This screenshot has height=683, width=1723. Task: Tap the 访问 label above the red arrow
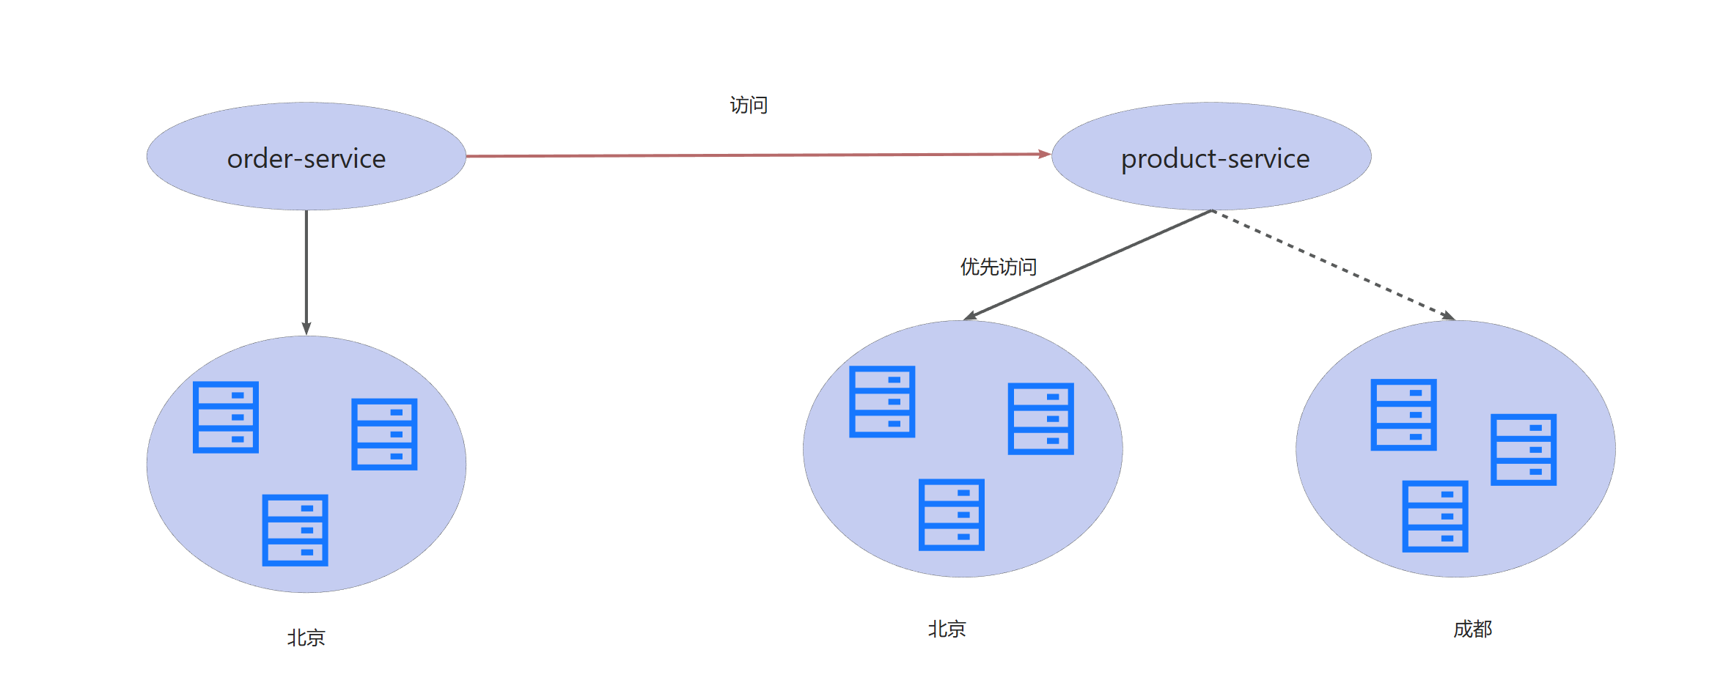(749, 106)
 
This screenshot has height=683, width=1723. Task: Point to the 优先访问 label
(998, 267)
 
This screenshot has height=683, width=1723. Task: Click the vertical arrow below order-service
(306, 271)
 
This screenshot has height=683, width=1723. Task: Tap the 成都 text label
(1472, 630)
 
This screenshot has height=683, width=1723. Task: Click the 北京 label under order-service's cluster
(306, 638)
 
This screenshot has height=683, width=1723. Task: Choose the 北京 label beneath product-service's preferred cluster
(947, 630)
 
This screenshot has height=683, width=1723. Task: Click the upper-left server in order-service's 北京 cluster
(226, 417)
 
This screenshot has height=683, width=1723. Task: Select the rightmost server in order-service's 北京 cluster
(384, 434)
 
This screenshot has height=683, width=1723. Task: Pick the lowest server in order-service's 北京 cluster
(295, 530)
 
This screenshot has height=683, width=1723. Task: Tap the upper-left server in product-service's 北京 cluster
(882, 402)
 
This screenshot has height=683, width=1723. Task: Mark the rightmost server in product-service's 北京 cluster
(1040, 418)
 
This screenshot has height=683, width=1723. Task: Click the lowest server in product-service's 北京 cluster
(951, 514)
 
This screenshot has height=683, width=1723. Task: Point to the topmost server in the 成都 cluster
(1403, 415)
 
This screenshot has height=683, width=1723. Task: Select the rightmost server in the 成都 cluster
(1524, 449)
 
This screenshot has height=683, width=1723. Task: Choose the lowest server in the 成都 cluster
(1435, 516)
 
